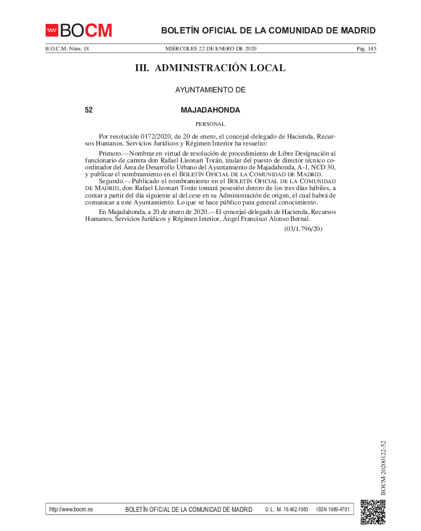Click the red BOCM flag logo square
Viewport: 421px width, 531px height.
52,30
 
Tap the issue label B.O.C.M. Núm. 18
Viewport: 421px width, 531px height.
67,49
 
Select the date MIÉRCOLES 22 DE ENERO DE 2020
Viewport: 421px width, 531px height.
210,49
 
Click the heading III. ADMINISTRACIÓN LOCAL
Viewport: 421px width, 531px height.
210,68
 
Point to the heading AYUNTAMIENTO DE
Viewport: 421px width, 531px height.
210,90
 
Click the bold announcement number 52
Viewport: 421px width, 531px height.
89,110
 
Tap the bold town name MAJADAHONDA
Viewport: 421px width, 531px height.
210,110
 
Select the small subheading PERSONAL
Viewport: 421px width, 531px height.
210,124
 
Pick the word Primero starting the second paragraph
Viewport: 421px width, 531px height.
110,153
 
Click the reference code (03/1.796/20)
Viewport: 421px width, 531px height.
303,229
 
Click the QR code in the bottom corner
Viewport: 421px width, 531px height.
373,512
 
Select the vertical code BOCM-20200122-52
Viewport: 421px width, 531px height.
383,467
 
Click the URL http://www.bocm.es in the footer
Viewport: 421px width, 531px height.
71,509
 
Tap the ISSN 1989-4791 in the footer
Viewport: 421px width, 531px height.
333,510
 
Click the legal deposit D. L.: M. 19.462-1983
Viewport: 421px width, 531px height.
287,510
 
